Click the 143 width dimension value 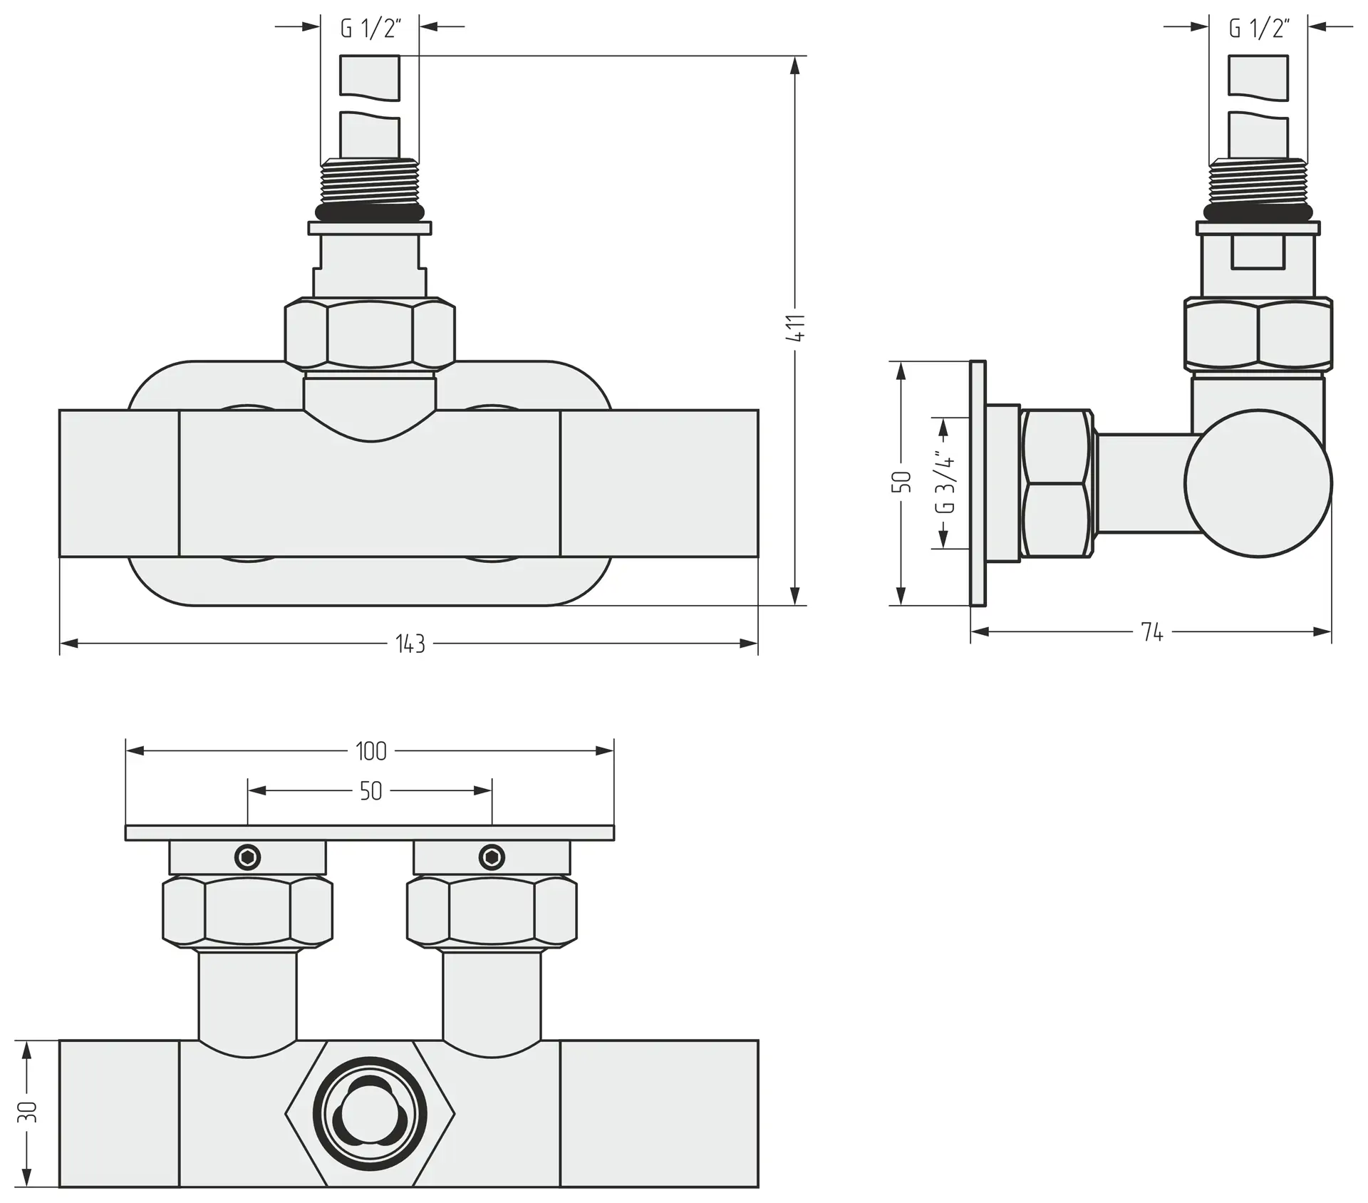(x=410, y=644)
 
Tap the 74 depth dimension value (x=1151, y=632)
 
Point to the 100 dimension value (x=370, y=751)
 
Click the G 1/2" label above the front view (x=370, y=29)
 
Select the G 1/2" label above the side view (x=1260, y=29)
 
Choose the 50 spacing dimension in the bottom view (x=370, y=791)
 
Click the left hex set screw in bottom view (x=248, y=857)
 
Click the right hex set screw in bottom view (x=492, y=857)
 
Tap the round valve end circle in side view (x=1258, y=483)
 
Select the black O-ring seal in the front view (x=370, y=212)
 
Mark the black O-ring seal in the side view (x=1258, y=212)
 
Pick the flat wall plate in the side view (x=978, y=483)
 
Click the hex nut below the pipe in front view (x=370, y=335)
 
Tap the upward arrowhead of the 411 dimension (x=796, y=66)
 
